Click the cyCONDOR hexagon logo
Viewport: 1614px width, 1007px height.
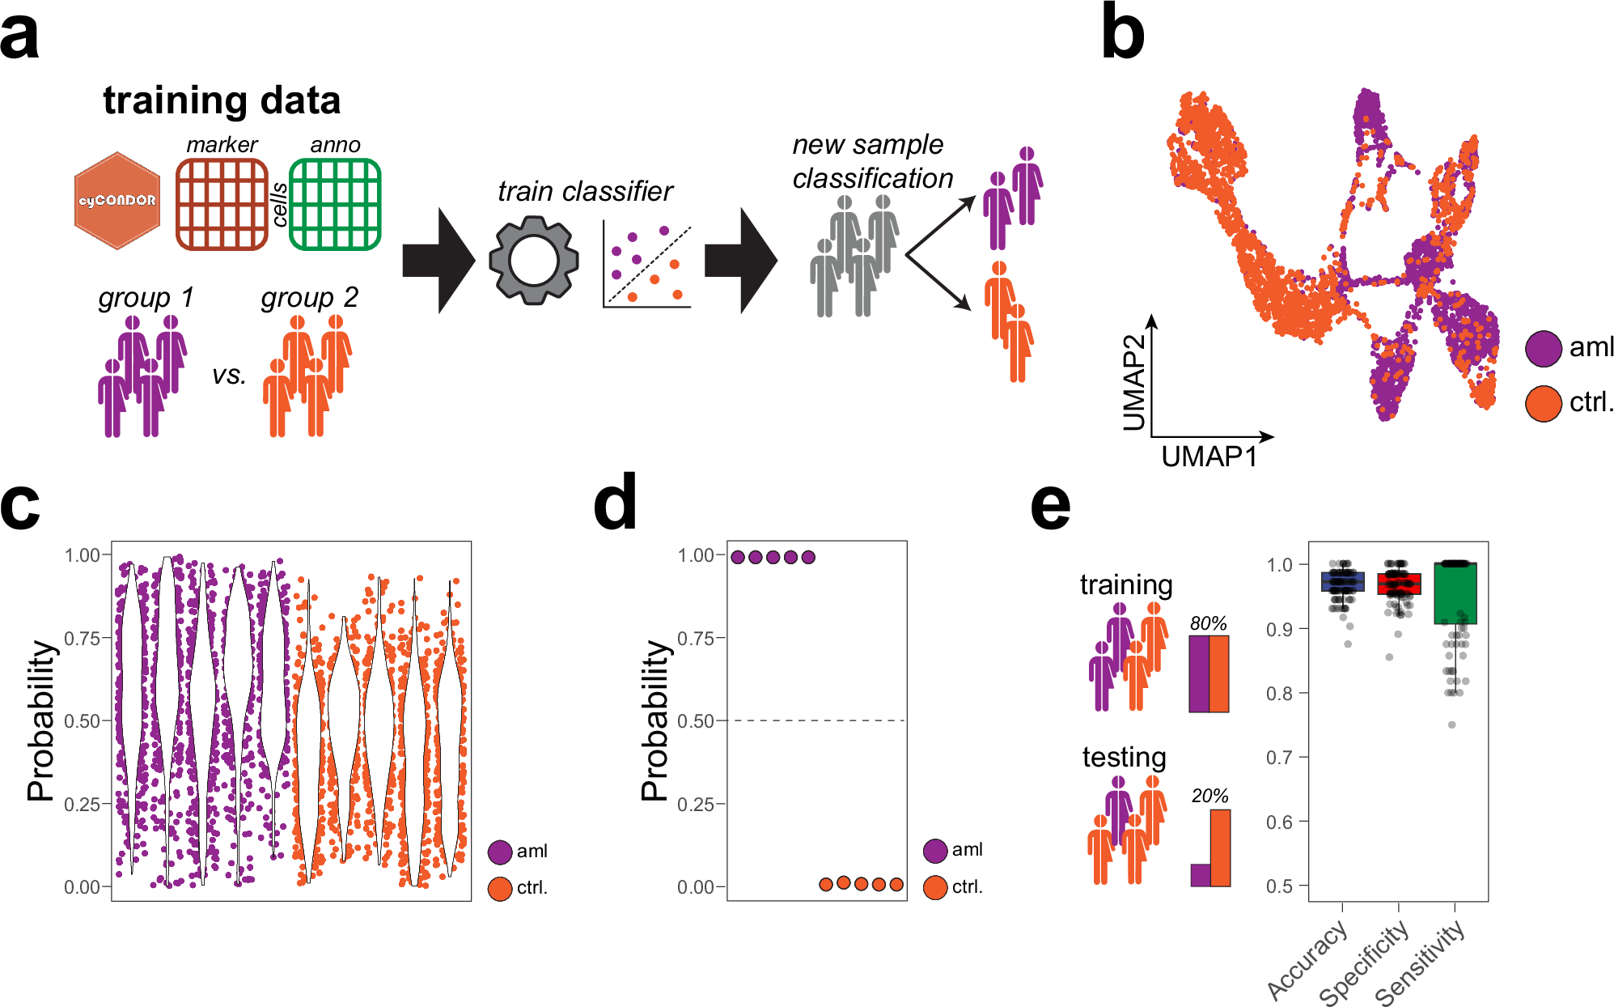click(117, 201)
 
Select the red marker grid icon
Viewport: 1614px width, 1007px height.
click(222, 204)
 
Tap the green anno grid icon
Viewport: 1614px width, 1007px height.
click(335, 204)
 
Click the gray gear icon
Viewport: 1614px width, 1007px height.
click(534, 260)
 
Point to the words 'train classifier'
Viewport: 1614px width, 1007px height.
click(585, 191)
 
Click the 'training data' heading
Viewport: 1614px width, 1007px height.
click(222, 101)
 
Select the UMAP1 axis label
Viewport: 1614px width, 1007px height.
click(1209, 457)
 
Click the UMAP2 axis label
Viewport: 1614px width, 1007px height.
click(1134, 382)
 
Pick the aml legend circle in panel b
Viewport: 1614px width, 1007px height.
click(1543, 348)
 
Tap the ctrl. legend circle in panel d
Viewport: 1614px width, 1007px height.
click(935, 887)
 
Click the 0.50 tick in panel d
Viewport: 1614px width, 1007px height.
click(696, 720)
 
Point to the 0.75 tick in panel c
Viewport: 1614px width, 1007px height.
click(83, 638)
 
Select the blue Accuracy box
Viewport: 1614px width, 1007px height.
click(1343, 581)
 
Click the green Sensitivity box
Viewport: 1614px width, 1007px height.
click(1455, 593)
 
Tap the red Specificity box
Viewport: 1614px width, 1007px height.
click(1399, 584)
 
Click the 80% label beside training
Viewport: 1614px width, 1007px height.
click(1208, 623)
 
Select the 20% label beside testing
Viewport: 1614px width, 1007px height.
click(1209, 796)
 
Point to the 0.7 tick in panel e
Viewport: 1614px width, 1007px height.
click(1279, 758)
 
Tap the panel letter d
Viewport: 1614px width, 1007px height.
click(615, 503)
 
